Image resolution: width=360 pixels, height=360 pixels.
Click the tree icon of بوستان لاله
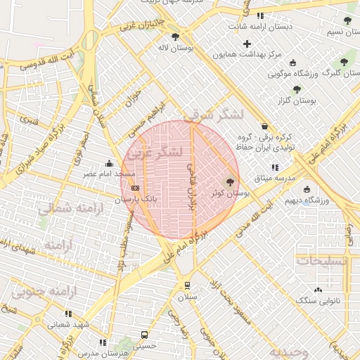pyautogui.click(x=175, y=37)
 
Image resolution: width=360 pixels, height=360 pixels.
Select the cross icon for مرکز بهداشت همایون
pyautogui.click(x=247, y=44)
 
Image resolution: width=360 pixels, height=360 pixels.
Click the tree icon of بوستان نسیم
pyautogui.click(x=348, y=20)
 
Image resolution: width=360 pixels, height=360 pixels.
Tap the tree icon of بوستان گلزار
pyautogui.click(x=297, y=90)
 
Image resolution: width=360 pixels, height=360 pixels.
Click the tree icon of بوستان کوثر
pyautogui.click(x=231, y=182)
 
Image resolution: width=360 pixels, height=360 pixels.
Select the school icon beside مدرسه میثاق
pyautogui.click(x=275, y=167)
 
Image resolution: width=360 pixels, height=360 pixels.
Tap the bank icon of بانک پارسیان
pyautogui.click(x=135, y=188)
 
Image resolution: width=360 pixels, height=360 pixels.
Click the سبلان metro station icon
pyautogui.click(x=187, y=285)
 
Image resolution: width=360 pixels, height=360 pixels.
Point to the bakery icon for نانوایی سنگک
pyautogui.click(x=318, y=289)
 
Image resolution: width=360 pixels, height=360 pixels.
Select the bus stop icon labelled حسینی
pyautogui.click(x=144, y=335)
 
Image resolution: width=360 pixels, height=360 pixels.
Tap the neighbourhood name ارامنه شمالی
pyautogui.click(x=70, y=209)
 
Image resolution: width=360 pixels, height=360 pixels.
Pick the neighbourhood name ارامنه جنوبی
pyautogui.click(x=52, y=291)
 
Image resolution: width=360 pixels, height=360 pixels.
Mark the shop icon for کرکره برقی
pyautogui.click(x=264, y=127)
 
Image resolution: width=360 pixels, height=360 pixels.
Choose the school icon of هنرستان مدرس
pyautogui.click(x=103, y=342)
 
